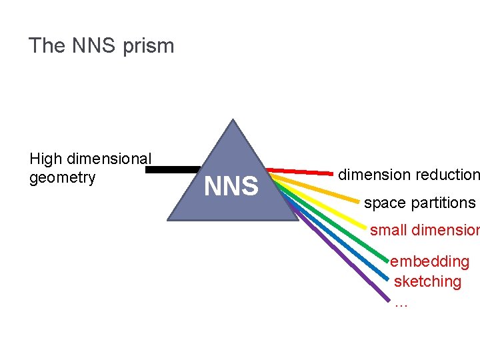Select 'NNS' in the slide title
(89, 46)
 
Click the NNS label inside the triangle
(231, 187)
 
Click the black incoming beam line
(172, 170)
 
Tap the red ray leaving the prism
(300, 171)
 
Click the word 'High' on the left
(45, 159)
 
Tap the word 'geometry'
(63, 178)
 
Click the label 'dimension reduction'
(408, 175)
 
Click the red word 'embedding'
(430, 261)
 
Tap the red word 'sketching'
(427, 281)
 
